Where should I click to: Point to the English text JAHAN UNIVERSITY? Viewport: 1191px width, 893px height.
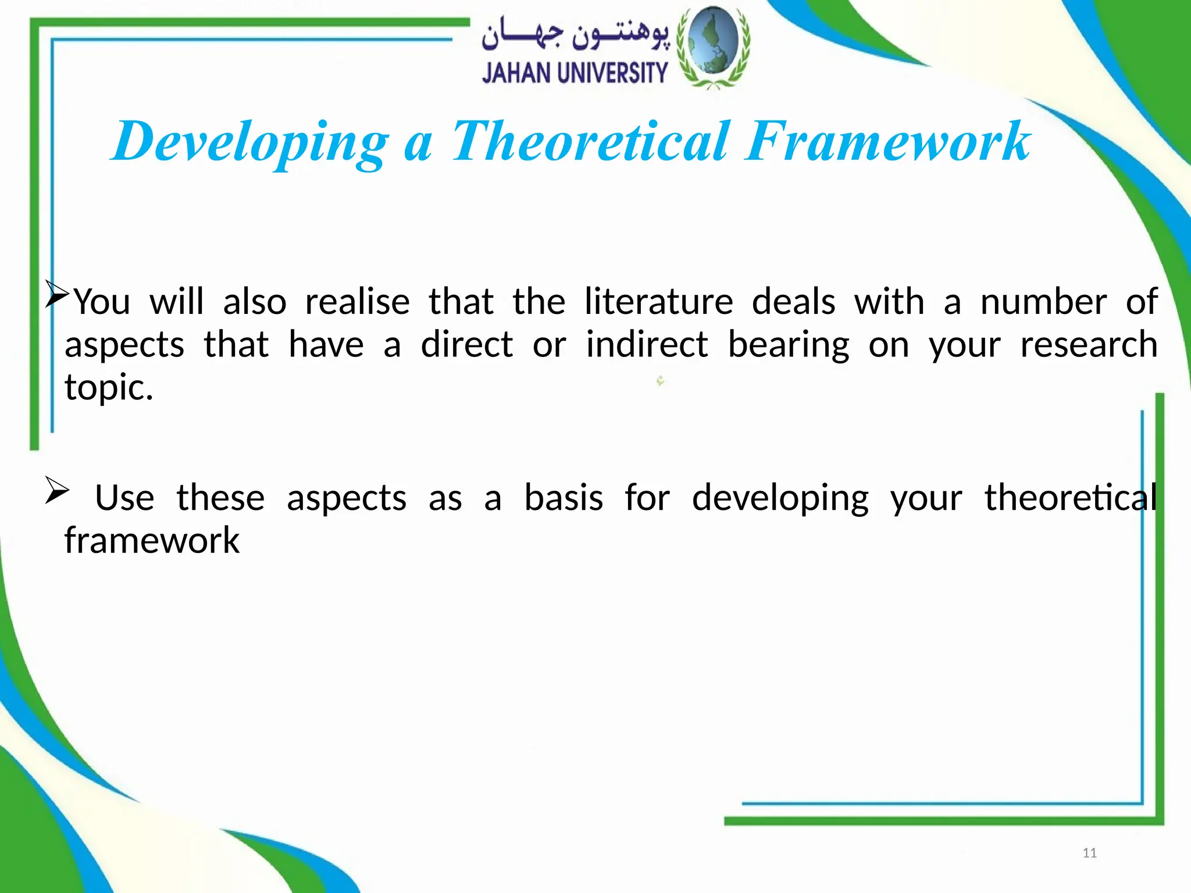[575, 74]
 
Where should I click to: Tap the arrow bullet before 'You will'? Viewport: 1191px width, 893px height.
[57, 294]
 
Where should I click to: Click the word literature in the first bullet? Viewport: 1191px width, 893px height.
[658, 302]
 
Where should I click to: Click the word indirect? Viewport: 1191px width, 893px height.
[647, 344]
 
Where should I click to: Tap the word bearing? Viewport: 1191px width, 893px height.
[789, 345]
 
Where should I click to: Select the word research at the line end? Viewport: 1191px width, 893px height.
[1089, 344]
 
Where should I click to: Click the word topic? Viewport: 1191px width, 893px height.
[108, 388]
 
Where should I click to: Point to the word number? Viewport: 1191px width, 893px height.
[1043, 302]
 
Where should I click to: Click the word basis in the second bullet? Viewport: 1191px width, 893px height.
[564, 498]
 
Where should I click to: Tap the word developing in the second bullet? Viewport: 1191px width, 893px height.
[780, 499]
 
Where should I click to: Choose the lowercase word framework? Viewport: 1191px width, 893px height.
[152, 540]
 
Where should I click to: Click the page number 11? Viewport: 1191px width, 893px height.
[1089, 853]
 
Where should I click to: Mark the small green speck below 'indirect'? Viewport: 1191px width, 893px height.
[660, 381]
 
